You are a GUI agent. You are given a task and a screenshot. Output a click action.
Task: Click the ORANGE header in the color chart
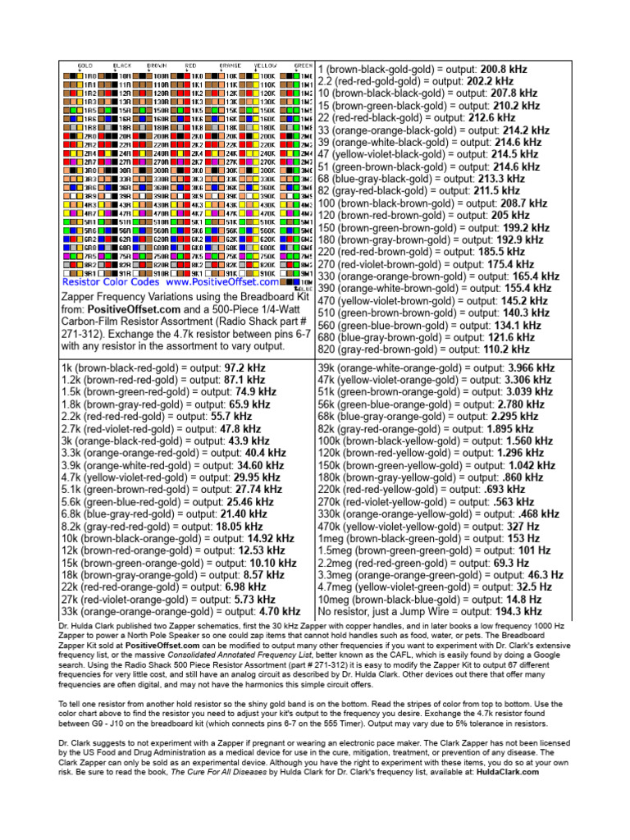(231, 65)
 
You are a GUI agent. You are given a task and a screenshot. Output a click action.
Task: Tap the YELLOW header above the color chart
(265, 65)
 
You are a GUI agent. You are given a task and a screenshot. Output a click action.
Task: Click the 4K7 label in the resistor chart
(198, 213)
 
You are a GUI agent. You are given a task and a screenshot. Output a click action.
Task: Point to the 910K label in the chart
(267, 272)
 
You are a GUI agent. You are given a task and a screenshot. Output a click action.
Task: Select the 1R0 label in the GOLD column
(89, 75)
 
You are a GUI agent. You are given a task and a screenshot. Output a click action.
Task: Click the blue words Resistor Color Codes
(113, 281)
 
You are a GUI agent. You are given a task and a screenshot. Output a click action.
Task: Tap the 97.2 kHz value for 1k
(243, 368)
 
